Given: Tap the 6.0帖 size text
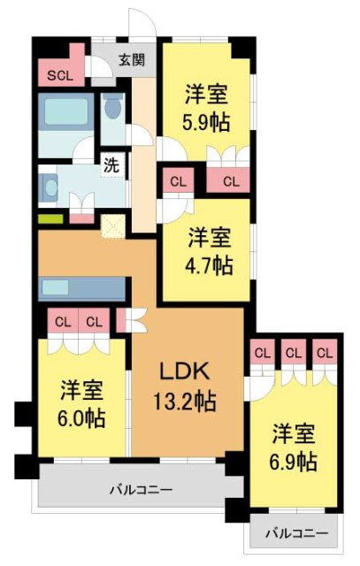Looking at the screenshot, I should (x=82, y=417).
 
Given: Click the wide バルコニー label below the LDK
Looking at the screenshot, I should (x=141, y=488).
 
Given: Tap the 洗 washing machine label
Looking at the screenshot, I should (x=111, y=164).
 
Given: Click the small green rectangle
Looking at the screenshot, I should (x=50, y=218).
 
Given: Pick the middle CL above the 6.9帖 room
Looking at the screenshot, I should (x=294, y=353).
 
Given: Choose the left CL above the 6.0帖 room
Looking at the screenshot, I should (x=62, y=322).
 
